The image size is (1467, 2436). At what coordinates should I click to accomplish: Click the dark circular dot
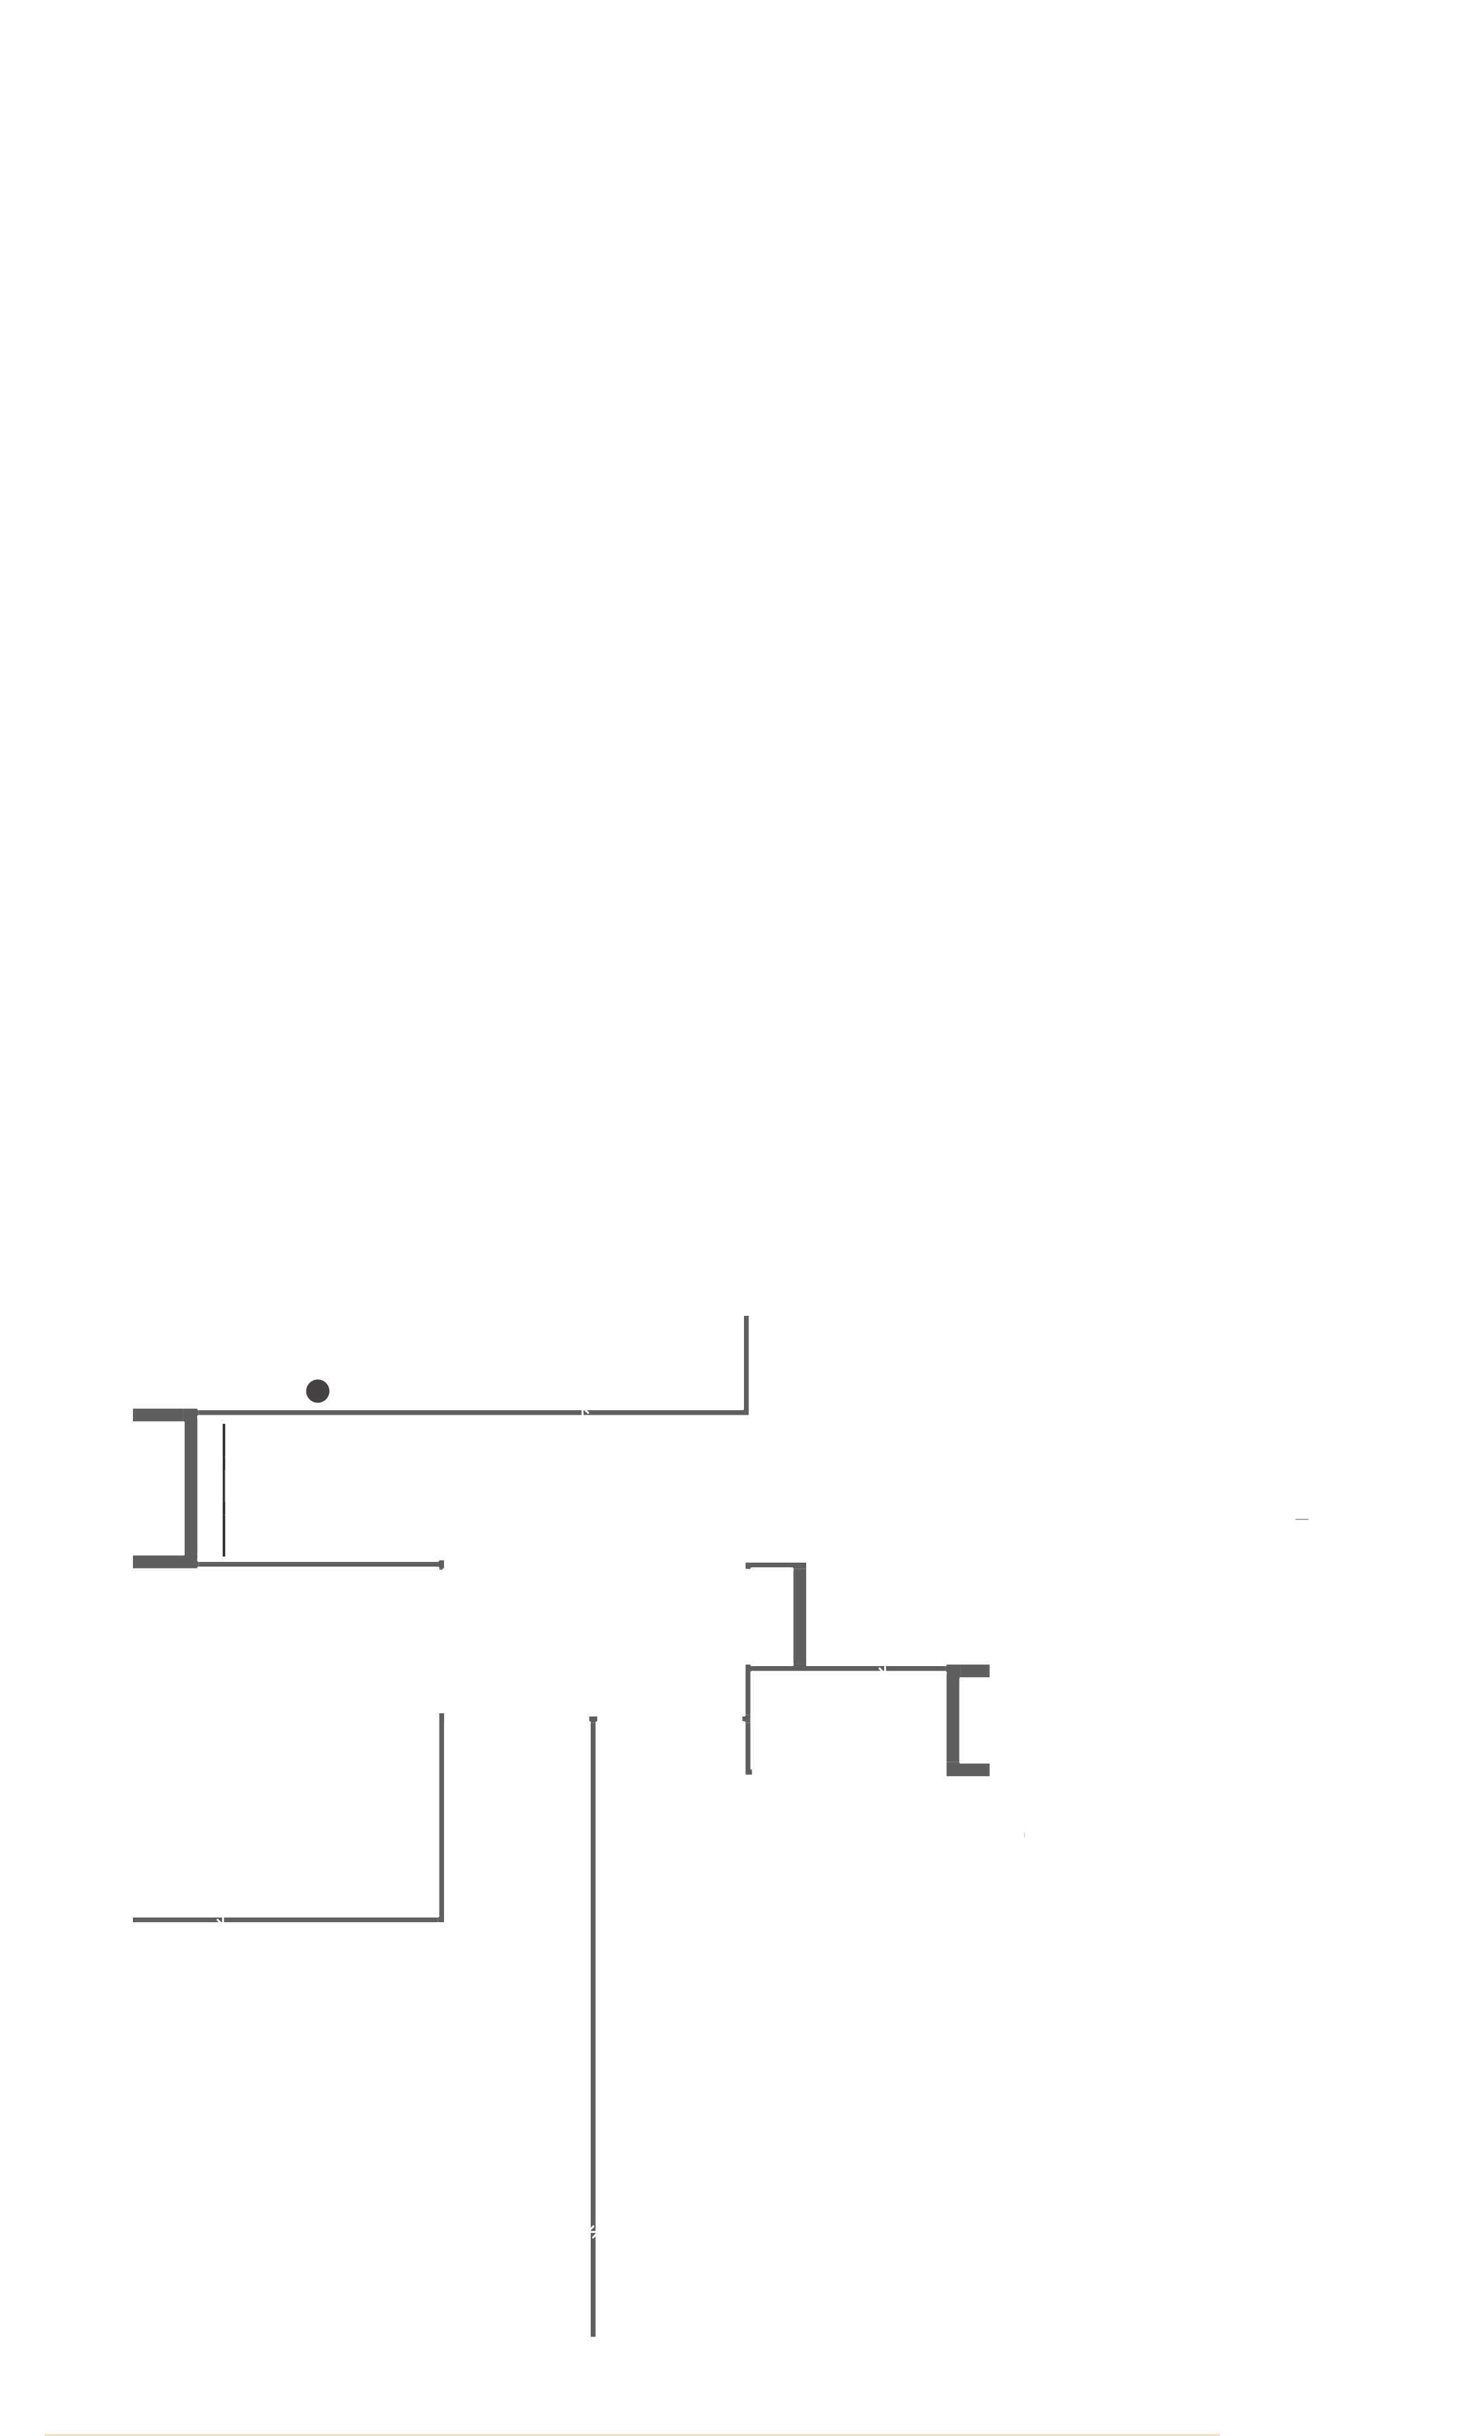[318, 1391]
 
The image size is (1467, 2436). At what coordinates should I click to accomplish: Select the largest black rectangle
[1267, 318]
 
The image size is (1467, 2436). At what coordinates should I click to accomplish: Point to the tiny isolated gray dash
[1302, 1519]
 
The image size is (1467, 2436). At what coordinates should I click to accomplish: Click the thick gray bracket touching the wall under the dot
[190, 1488]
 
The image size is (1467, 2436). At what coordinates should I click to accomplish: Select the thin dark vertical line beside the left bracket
[225, 1489]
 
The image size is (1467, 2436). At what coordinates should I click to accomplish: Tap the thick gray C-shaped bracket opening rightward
[955, 1720]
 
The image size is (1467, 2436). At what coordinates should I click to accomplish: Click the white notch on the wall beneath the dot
[584, 1412]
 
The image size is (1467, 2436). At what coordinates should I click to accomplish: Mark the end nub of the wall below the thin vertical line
[441, 1565]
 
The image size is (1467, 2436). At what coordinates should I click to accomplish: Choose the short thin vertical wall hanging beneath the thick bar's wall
[749, 1720]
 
